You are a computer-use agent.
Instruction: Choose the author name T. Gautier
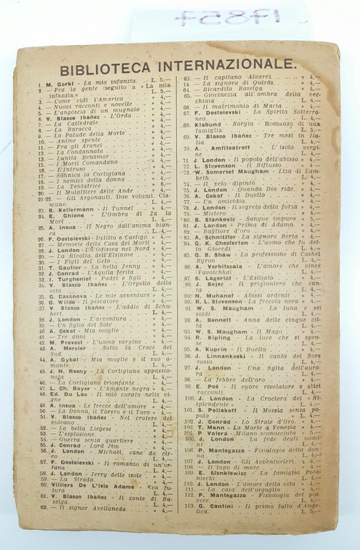click(60, 266)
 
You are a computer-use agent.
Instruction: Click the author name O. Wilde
click(60, 301)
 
